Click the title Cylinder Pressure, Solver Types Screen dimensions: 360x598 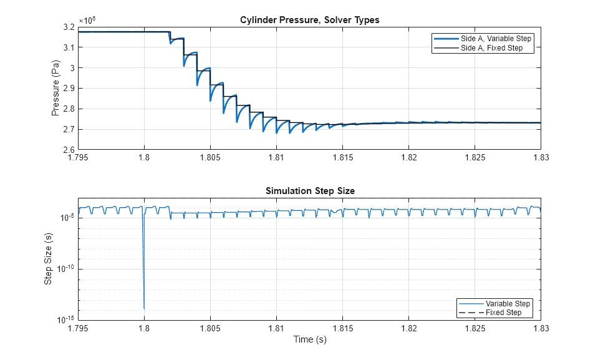tap(309, 20)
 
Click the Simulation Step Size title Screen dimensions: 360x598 tap(309, 191)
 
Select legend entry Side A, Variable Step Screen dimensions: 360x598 tap(496, 39)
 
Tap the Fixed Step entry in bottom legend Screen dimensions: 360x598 tap(503, 313)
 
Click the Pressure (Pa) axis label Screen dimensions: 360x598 tap(55, 88)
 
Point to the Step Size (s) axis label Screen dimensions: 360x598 tap(48, 259)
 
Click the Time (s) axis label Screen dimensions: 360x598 tap(310, 340)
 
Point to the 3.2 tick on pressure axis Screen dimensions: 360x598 tap(69, 27)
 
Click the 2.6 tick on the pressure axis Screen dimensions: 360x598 tap(69, 150)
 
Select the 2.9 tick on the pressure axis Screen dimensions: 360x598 tap(69, 89)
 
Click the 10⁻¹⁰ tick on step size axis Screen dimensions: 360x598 tap(65, 268)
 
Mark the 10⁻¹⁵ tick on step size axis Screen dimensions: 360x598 tap(65, 319)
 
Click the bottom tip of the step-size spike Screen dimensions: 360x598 tap(144, 309)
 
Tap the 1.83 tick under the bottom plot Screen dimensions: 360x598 tap(540, 328)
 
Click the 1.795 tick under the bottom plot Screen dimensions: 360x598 tap(78, 328)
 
